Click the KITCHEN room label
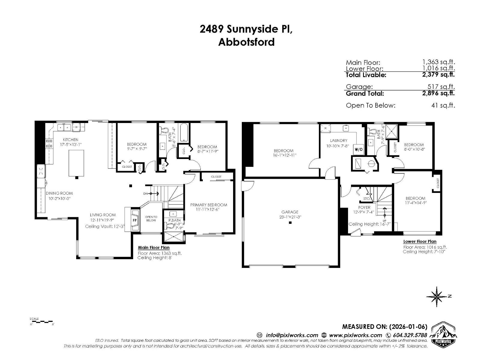70,139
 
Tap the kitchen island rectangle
76,163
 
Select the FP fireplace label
135,220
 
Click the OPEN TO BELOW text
151,218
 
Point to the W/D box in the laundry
358,149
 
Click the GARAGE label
290,212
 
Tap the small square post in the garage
290,223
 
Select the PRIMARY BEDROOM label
208,205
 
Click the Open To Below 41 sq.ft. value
443,105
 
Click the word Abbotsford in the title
246,42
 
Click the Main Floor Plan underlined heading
154,248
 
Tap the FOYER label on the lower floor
364,207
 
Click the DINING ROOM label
59,193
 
